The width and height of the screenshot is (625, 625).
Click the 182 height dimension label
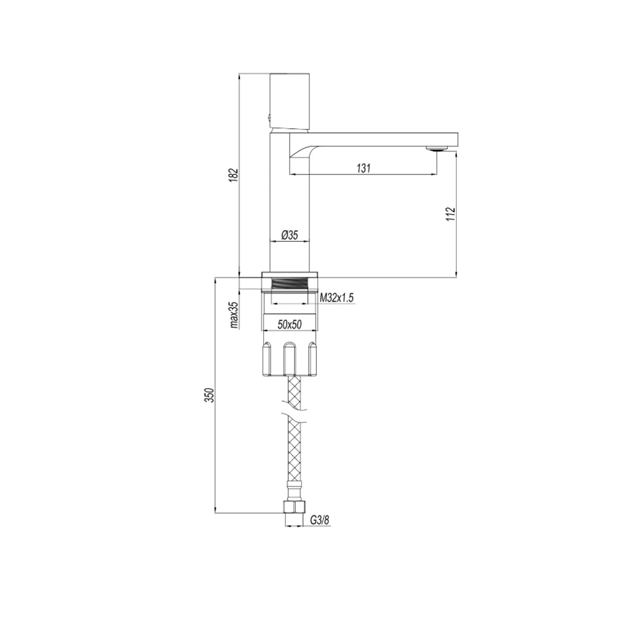coord(233,176)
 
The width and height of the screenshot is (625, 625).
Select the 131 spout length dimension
coord(364,167)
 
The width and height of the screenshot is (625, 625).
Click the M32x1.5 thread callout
coord(337,299)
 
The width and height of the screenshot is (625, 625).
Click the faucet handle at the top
coord(290,100)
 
